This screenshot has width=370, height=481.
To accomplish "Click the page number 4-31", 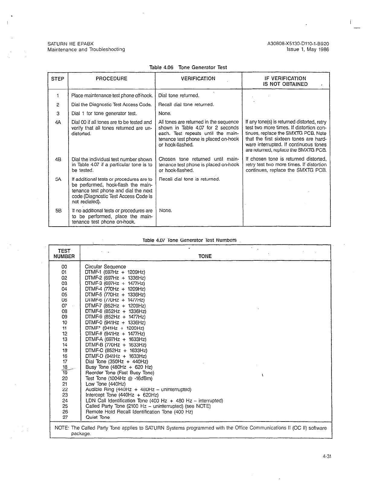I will (327, 456).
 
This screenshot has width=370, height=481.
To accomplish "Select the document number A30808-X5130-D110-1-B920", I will (298, 44).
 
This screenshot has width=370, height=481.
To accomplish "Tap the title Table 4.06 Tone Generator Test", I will (188, 67).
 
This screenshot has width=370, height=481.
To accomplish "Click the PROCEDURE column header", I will (111, 79).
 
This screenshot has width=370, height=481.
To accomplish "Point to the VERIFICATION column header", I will (198, 79).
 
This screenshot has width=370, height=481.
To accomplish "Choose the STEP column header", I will (58, 79).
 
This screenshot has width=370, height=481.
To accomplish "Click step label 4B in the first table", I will (58, 159).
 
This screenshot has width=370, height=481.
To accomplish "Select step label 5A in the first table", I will (58, 179).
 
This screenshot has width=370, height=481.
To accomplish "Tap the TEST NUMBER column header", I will (64, 253).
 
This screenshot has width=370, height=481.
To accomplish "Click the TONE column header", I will (205, 256).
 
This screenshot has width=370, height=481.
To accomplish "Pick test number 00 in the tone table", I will (64, 267).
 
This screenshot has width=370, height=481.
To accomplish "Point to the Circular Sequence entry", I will (105, 267).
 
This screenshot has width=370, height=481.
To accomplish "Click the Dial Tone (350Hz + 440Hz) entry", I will (117, 362).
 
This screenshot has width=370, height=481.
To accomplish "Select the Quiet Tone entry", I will (98, 417).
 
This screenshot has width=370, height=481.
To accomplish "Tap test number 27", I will (65, 417).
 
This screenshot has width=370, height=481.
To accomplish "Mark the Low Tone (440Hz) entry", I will (105, 384).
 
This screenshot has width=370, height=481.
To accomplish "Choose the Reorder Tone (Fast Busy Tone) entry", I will (120, 373).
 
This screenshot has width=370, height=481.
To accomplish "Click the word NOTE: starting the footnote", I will (62, 428).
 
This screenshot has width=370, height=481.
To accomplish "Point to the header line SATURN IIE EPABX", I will (71, 44).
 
